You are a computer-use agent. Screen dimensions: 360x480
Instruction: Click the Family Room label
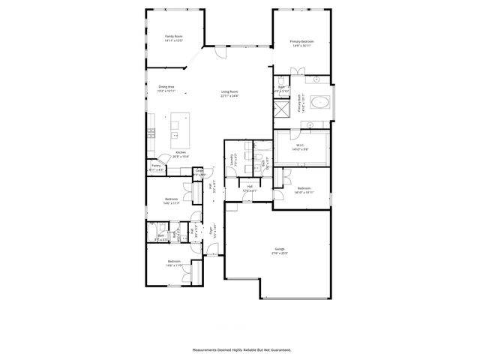pos(174,36)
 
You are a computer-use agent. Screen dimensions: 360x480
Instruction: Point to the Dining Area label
pos(166,87)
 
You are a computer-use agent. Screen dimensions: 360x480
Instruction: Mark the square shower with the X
pos(283,112)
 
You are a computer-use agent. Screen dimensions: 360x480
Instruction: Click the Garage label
pos(280,250)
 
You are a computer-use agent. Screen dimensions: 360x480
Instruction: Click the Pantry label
pos(156,168)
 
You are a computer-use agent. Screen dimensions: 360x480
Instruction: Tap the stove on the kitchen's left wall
pos(151,134)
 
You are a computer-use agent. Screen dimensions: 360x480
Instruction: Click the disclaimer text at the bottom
pos(241,349)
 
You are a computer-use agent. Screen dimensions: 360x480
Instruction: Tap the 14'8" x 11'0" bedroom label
pos(174,262)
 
